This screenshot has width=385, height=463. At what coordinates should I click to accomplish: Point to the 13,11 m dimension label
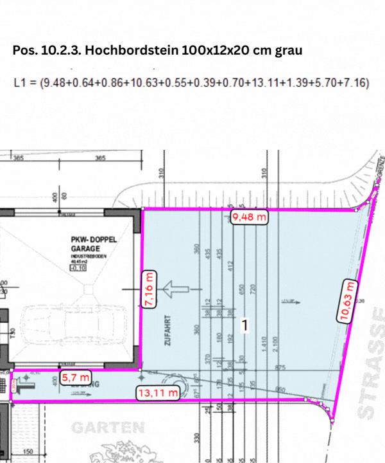point(156,392)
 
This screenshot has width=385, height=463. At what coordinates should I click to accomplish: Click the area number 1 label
point(244,326)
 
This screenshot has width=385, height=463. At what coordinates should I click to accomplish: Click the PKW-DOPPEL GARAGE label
point(94,243)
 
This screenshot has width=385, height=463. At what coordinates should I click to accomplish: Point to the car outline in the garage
point(72,331)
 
